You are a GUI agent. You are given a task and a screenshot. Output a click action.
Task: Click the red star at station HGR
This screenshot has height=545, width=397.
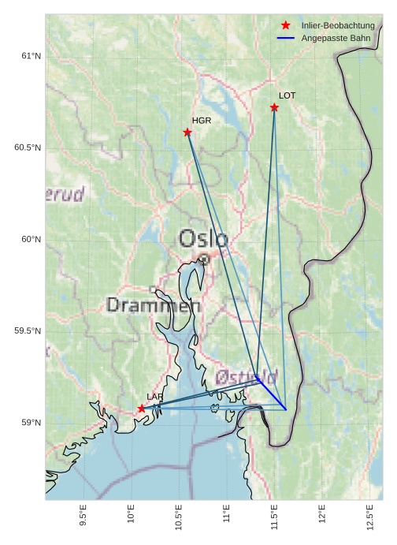(187, 132)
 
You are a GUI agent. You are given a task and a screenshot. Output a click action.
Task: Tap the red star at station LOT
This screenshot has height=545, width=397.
(274, 107)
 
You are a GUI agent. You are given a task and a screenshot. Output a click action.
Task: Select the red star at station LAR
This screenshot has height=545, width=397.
(142, 408)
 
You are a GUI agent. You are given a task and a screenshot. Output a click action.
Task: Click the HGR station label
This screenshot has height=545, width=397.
(202, 121)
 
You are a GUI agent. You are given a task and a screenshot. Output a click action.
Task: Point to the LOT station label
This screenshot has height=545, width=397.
(288, 95)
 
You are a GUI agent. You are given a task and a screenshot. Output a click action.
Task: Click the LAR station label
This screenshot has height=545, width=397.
(155, 396)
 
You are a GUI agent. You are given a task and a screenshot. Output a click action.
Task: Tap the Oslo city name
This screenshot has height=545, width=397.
(203, 238)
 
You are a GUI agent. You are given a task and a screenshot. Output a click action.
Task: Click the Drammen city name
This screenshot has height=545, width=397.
(154, 304)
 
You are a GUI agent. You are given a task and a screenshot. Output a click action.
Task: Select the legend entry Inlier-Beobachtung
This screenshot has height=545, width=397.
(337, 26)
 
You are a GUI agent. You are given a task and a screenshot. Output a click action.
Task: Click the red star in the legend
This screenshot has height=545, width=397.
(285, 26)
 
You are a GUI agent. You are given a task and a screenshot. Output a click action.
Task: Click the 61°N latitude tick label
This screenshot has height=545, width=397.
(30, 56)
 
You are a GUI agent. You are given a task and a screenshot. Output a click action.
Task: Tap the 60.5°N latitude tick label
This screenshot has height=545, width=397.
(28, 148)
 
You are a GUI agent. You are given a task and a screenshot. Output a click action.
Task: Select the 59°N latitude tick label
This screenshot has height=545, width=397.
(30, 423)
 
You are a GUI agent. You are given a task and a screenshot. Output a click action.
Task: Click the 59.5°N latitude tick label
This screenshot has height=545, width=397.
(28, 331)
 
